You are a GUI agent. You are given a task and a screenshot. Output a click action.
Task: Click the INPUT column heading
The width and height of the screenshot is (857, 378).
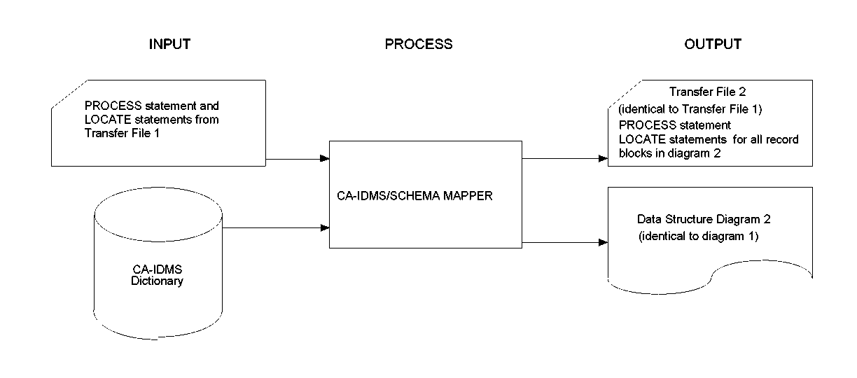(x=169, y=44)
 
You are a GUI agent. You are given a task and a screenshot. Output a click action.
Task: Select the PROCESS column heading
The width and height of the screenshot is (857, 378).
(x=419, y=44)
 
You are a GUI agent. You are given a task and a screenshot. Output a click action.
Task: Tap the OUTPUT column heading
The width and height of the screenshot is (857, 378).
(x=713, y=44)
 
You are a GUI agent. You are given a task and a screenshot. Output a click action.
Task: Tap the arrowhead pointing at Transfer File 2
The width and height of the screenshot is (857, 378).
(x=603, y=159)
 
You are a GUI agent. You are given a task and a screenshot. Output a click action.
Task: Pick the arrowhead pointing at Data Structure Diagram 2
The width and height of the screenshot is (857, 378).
(x=603, y=242)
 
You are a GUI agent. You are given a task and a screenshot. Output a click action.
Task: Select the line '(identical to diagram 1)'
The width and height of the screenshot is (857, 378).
(x=698, y=236)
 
